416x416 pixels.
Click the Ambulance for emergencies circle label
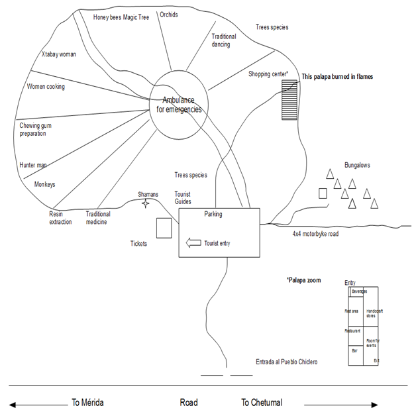tap(178, 105)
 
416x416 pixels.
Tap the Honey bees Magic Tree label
tap(121, 17)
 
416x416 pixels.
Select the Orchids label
tap(169, 14)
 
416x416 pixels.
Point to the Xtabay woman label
tap(59, 54)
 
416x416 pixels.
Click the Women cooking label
tap(46, 87)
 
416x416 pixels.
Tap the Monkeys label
tap(44, 184)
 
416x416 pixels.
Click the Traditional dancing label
tap(224, 40)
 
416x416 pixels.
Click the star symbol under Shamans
tap(146, 204)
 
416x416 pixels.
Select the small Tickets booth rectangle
tap(164, 227)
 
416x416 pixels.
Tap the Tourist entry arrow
tap(193, 243)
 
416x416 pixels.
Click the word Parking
tap(213, 214)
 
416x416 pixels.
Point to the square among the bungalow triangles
tap(323, 193)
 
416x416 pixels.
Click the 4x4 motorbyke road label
tap(315, 234)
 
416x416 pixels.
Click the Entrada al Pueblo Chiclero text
tap(286, 362)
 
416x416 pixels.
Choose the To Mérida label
tap(87, 402)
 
